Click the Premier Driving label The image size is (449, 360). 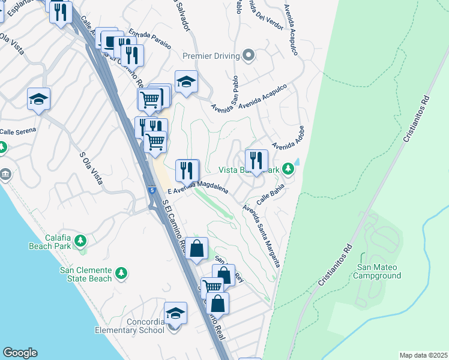pyautogui.click(x=211, y=56)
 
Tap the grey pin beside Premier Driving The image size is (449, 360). pyautogui.click(x=249, y=56)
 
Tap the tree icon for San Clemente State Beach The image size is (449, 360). pyautogui.click(x=121, y=274)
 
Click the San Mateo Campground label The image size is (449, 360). pyautogui.click(x=378, y=271)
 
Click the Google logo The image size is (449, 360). pyautogui.click(x=20, y=353)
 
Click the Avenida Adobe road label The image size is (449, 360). pyautogui.click(x=288, y=138)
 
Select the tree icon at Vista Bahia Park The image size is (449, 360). pyautogui.click(x=289, y=169)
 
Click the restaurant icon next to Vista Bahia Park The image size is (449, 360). pyautogui.click(x=256, y=160)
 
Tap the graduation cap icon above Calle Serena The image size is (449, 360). pyautogui.click(x=39, y=99)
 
